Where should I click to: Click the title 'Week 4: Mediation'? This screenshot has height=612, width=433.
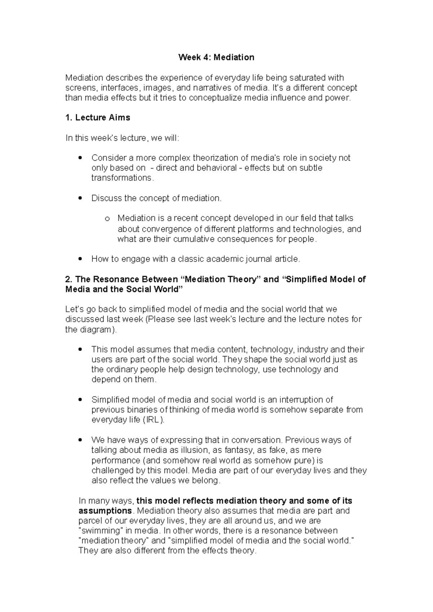pyautogui.click(x=216, y=57)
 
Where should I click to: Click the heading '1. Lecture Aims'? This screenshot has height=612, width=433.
pyautogui.click(x=97, y=118)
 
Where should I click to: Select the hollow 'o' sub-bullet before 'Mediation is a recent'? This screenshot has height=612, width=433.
pyautogui.click(x=106, y=219)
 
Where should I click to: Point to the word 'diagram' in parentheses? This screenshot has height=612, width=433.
pyautogui.click(x=96, y=329)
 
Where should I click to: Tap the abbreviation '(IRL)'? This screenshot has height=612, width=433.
pyautogui.click(x=153, y=420)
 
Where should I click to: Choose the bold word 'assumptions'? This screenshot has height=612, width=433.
pyautogui.click(x=105, y=511)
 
